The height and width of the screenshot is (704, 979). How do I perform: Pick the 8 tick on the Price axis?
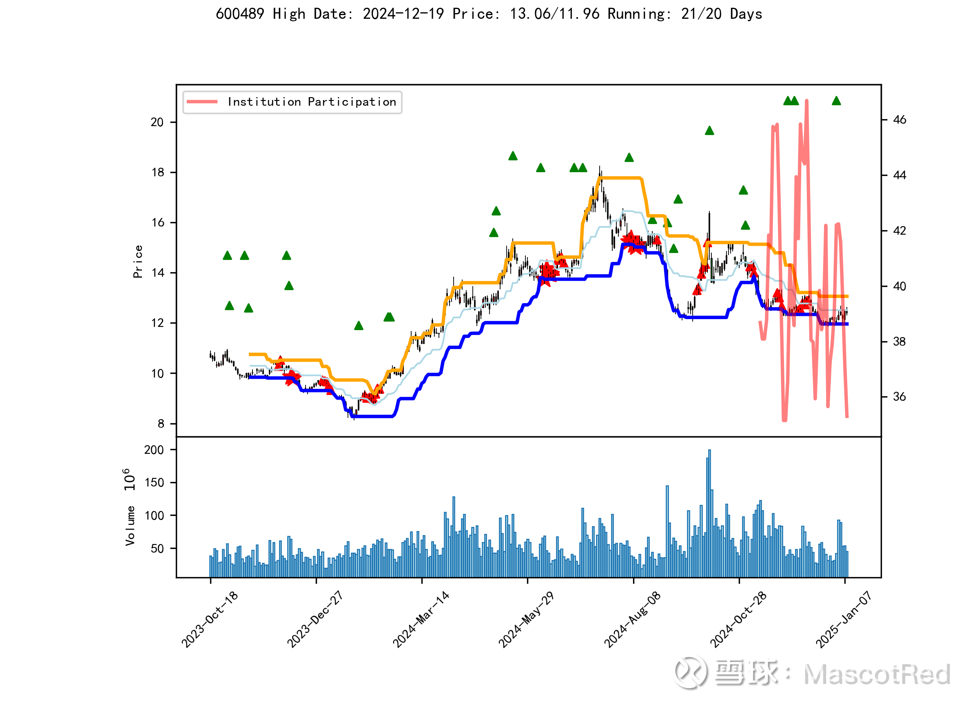tap(161, 424)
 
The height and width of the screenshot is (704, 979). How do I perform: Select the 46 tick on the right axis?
tap(899, 120)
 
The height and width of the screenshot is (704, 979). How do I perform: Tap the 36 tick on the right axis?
tap(899, 397)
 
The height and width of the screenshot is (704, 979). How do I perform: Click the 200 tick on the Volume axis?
tap(154, 450)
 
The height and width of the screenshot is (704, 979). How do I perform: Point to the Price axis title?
tap(138, 261)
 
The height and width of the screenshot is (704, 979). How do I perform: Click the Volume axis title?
tap(130, 526)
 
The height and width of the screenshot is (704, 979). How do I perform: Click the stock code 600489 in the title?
tap(239, 14)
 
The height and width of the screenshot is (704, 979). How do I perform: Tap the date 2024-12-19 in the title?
tap(403, 14)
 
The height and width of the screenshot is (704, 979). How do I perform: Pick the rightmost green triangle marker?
tap(837, 101)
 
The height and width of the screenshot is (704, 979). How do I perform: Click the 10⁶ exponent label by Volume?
tap(129, 480)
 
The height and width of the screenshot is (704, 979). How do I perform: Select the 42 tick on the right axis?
tap(899, 231)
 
